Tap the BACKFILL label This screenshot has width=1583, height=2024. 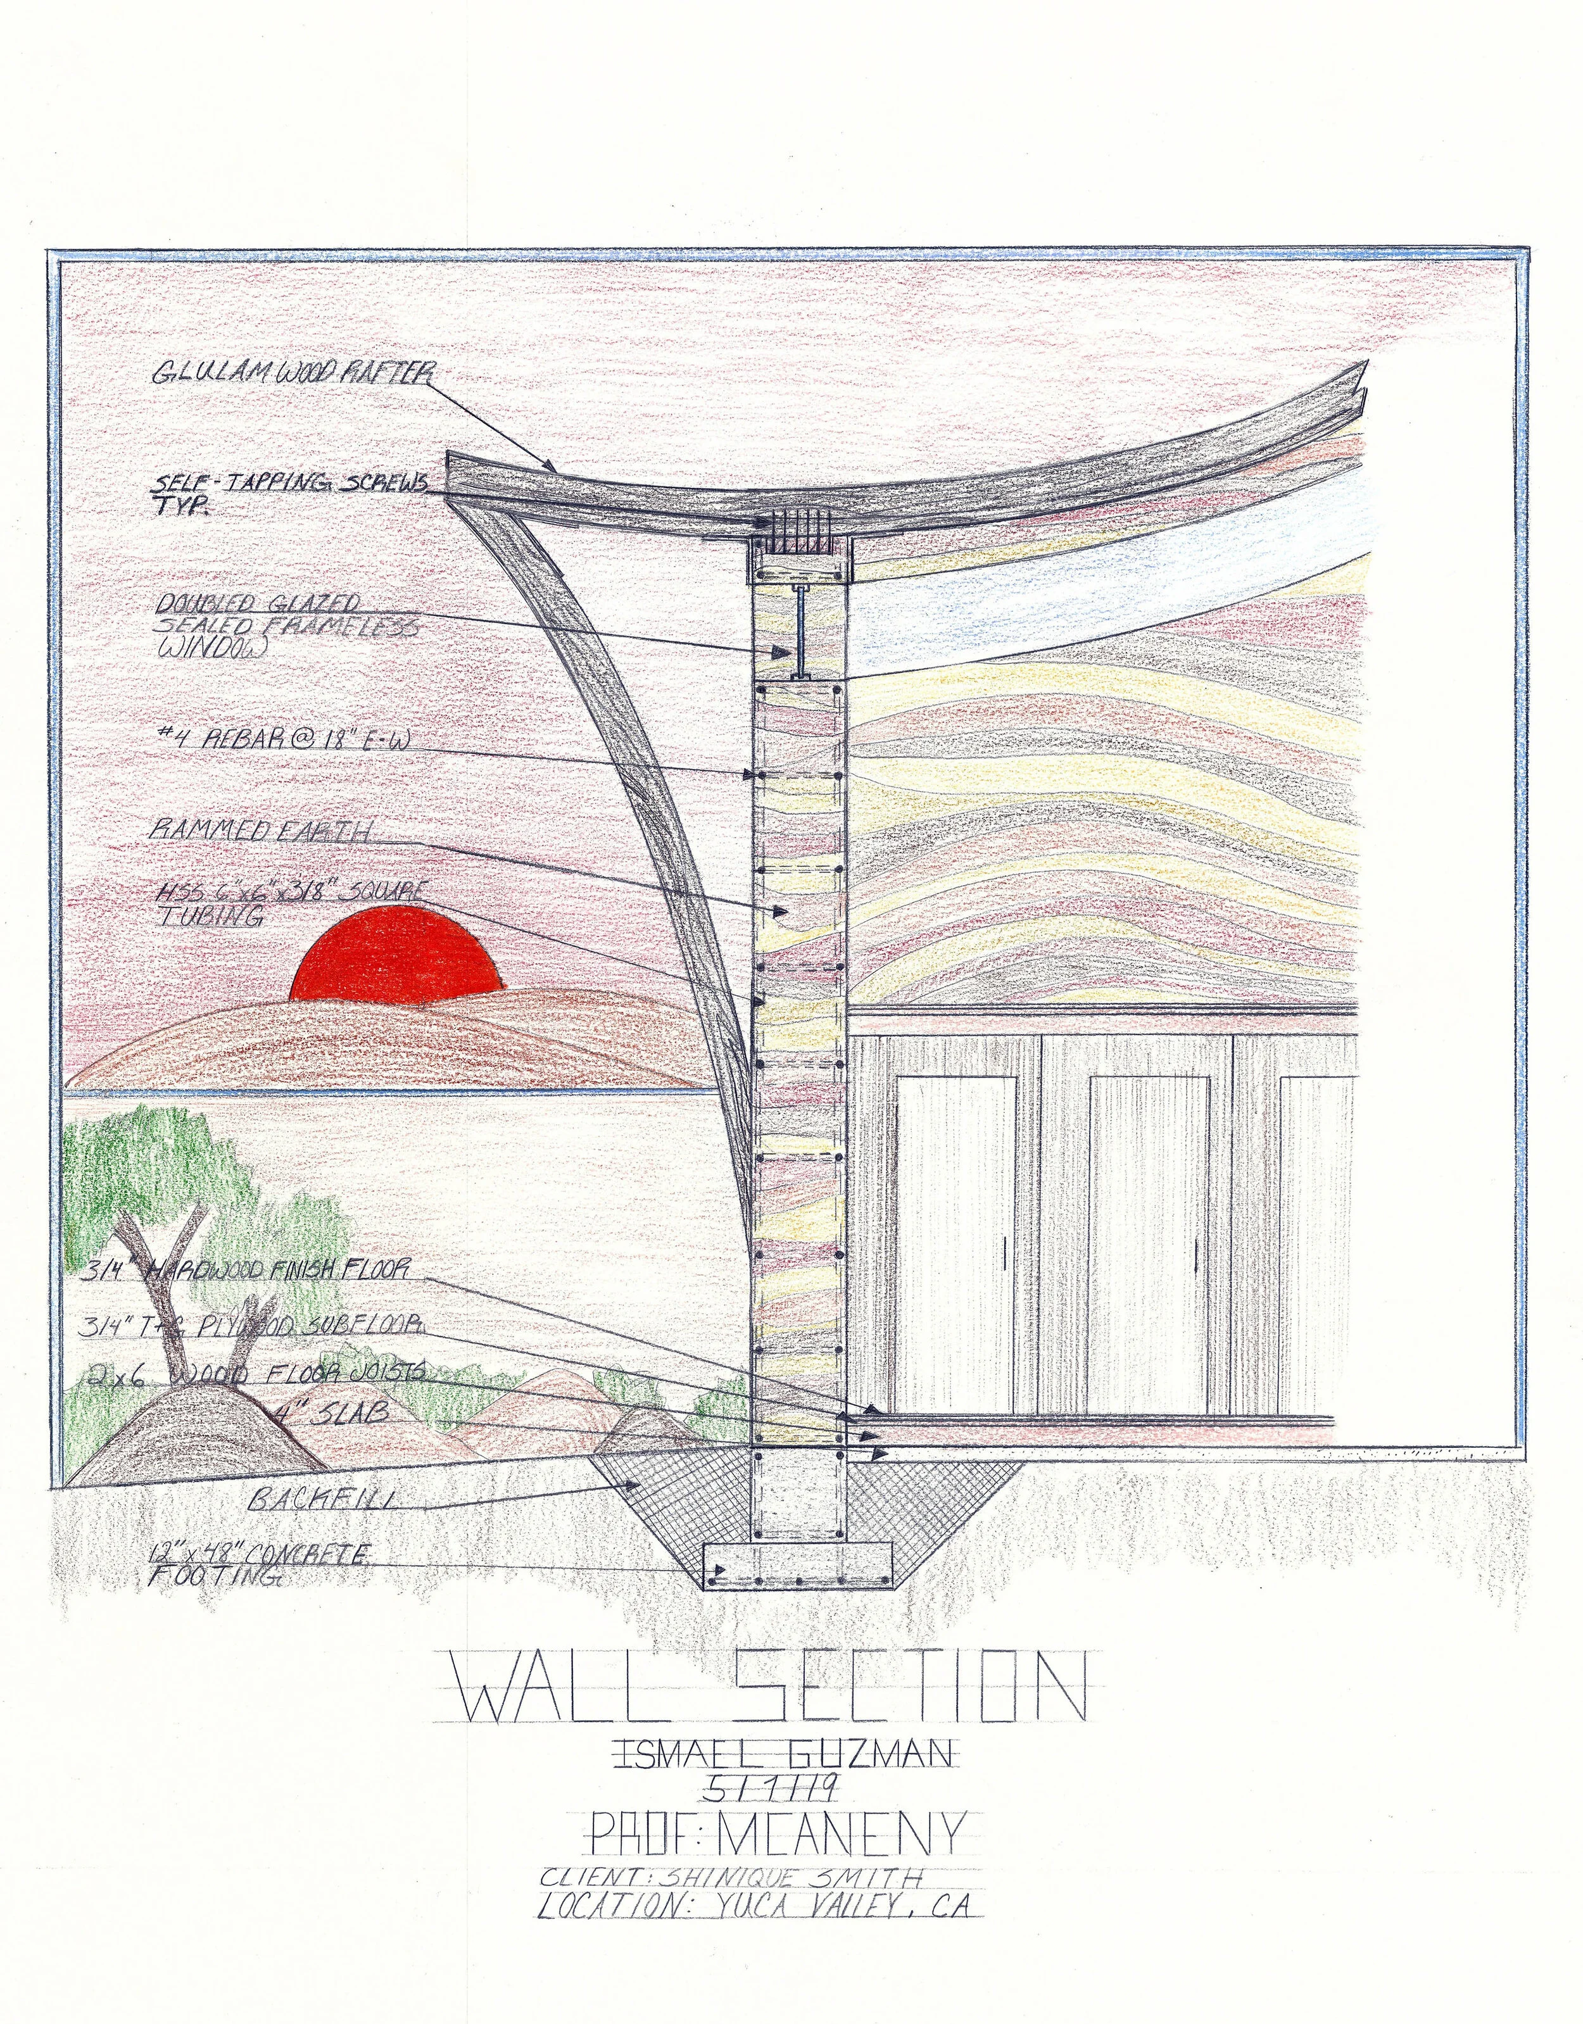coord(324,1499)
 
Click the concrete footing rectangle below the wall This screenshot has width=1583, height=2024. coord(797,1566)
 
